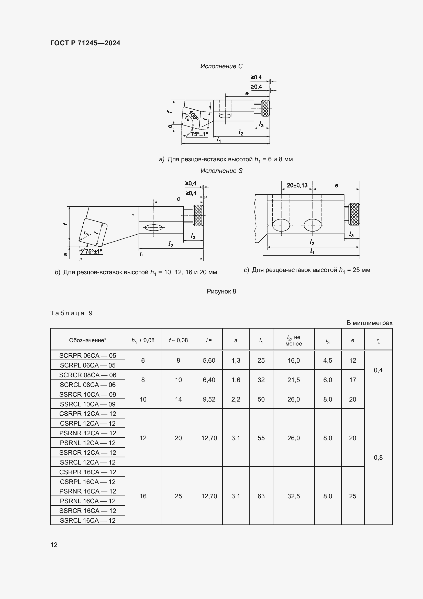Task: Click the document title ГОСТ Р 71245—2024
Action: coord(85,43)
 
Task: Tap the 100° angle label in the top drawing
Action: coord(194,115)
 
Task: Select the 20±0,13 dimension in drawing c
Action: coord(297,185)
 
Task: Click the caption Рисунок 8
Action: coord(221,291)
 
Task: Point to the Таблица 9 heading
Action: coord(71,313)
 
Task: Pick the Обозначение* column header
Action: coord(87,340)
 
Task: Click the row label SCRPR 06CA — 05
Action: coord(87,356)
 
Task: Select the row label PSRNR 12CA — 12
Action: coord(87,433)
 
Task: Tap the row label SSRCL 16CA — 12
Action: coord(87,520)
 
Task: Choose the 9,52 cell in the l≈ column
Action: coord(209,400)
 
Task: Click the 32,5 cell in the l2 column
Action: coord(294,496)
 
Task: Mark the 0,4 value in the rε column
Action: coord(378,370)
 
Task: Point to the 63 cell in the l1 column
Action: coord(261,496)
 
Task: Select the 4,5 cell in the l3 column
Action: coord(327,361)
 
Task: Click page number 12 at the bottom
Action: coord(54,545)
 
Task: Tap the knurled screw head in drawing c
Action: coord(354,214)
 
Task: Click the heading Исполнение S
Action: coord(221,171)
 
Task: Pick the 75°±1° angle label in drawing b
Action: coord(94,251)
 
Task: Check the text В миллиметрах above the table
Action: coord(369,323)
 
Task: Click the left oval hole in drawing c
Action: coord(281,225)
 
